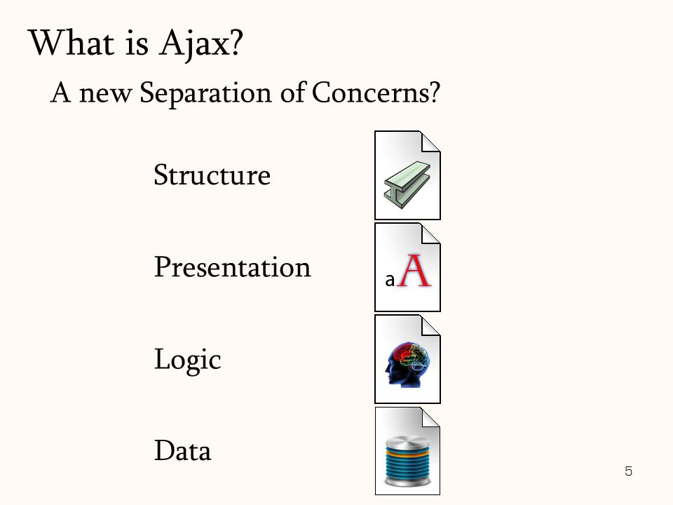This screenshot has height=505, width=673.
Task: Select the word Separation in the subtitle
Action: tap(205, 93)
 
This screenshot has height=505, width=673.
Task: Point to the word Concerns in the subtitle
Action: tap(376, 92)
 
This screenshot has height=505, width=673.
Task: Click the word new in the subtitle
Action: tap(105, 95)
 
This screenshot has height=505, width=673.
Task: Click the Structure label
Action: tap(212, 175)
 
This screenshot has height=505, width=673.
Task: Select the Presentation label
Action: tap(232, 267)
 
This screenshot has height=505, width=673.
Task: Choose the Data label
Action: tap(182, 450)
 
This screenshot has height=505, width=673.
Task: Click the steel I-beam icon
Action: tap(407, 185)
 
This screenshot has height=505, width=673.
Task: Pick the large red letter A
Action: tap(414, 271)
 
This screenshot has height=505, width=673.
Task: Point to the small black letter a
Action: tap(390, 280)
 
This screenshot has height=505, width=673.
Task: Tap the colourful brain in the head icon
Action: tap(411, 356)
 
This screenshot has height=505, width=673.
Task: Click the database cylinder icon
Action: tap(407, 462)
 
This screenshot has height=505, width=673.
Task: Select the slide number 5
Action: tap(628, 471)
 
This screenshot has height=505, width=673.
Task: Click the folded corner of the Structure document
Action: tap(430, 142)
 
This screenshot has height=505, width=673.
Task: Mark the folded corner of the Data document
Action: tap(430, 417)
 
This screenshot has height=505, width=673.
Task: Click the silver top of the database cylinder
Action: tap(407, 442)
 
